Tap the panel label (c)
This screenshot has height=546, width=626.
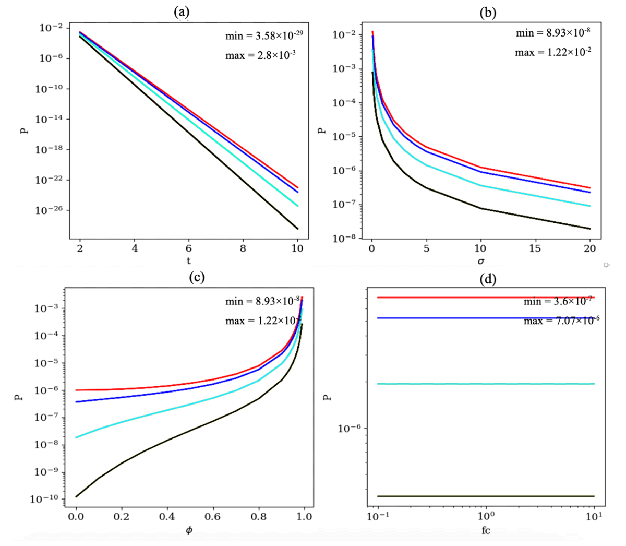coord(196,277)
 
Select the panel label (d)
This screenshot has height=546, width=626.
coord(488,279)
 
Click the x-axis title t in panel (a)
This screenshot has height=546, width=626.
coord(189,260)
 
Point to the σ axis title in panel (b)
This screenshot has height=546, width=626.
coord(480,260)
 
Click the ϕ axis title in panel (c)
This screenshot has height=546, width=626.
coord(189,531)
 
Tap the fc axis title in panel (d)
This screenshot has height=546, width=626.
coord(486,531)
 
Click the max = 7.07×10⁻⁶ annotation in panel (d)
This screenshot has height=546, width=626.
coord(561,321)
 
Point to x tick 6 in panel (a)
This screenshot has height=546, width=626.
coord(189,248)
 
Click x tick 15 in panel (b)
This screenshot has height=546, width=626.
coord(535,248)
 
